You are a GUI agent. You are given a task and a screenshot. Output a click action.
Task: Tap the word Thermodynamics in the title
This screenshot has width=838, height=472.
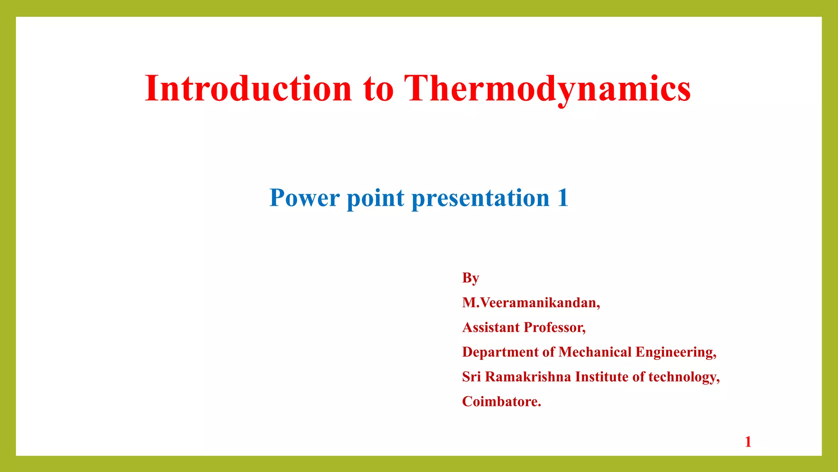(x=547, y=88)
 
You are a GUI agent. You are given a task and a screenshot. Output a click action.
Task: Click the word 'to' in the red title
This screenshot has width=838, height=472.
(x=378, y=89)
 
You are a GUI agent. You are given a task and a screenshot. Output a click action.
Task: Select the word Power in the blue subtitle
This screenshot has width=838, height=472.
(x=304, y=198)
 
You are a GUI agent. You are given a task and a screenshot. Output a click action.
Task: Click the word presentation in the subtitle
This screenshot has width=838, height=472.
(x=480, y=198)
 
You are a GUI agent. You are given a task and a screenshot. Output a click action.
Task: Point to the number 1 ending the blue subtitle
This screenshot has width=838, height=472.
(x=563, y=198)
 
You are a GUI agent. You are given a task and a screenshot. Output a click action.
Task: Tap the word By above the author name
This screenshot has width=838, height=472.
(x=471, y=278)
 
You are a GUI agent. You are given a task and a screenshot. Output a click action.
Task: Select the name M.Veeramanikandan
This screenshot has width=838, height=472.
(x=531, y=303)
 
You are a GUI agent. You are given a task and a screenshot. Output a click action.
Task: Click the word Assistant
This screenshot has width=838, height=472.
(x=491, y=327)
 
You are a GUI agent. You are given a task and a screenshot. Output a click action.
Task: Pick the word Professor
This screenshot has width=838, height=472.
(x=554, y=327)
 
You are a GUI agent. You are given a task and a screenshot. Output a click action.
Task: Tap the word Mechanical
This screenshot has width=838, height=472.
(x=595, y=352)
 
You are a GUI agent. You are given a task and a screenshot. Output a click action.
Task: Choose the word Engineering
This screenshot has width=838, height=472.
(x=676, y=352)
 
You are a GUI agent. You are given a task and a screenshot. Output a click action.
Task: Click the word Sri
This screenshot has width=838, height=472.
(x=471, y=377)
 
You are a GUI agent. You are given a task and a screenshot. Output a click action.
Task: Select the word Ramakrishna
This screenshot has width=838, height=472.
(x=528, y=377)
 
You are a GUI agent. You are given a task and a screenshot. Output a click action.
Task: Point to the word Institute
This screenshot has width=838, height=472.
(x=601, y=377)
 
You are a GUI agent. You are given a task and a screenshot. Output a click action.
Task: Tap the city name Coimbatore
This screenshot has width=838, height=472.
(x=501, y=402)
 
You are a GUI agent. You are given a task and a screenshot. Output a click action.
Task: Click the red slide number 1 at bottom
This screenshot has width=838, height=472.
(x=748, y=442)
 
